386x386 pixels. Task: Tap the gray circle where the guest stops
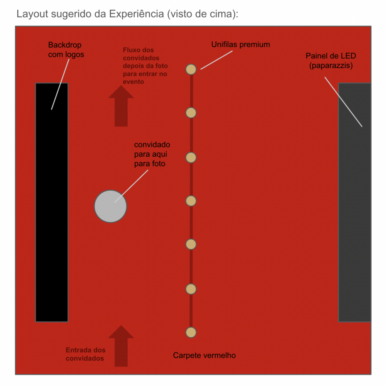[110, 206]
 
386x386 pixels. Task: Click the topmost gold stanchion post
[191, 69]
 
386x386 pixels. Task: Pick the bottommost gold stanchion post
[191, 332]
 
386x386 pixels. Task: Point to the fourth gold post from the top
[191, 201]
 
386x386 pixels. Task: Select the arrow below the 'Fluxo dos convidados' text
[121, 106]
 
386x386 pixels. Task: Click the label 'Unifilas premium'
[240, 44]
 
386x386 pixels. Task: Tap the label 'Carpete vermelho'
[204, 355]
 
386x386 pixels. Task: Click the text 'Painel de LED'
[331, 56]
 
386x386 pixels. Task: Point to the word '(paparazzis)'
[331, 66]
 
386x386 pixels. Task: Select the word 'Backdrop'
[65, 45]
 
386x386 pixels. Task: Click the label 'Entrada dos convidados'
[85, 354]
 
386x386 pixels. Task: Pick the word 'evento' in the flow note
[134, 82]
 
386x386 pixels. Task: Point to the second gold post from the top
[191, 113]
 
